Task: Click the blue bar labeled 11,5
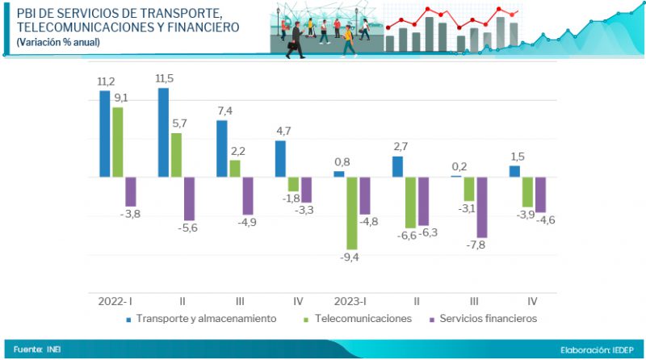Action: pyautogui.click(x=163, y=132)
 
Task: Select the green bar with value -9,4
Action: pyautogui.click(x=351, y=213)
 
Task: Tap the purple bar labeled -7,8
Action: pyautogui.click(x=481, y=207)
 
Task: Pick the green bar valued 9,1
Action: pyautogui.click(x=117, y=142)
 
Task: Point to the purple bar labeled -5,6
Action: pyautogui.click(x=189, y=199)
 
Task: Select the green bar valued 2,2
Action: pyautogui.click(x=235, y=168)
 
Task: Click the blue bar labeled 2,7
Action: pyautogui.click(x=397, y=166)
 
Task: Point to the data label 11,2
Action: pyautogui.click(x=107, y=82)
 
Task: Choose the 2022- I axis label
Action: pyautogui.click(x=116, y=300)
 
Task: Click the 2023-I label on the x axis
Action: pyautogui.click(x=352, y=300)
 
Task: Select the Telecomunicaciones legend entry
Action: pyautogui.click(x=363, y=319)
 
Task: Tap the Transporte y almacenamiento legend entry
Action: pyautogui.click(x=206, y=319)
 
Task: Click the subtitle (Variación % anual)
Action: pyautogui.click(x=58, y=42)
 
